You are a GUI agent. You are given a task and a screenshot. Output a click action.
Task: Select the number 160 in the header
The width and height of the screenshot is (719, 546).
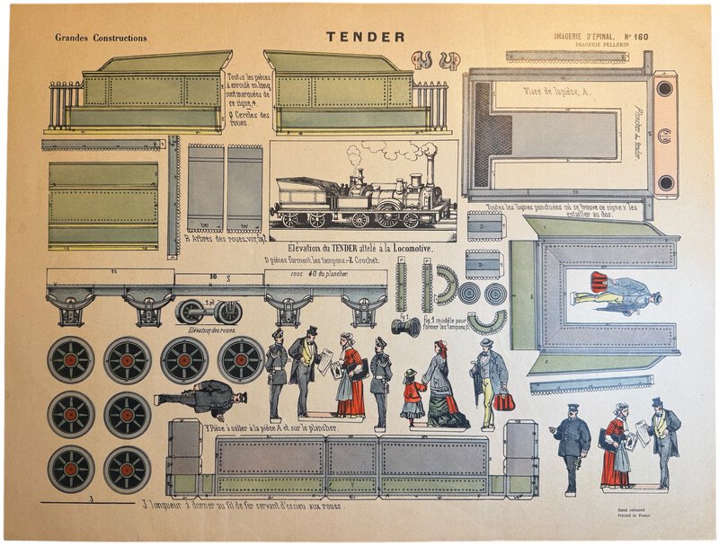pos(639,37)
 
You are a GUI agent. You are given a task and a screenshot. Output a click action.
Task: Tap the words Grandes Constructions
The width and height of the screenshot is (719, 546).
pos(101,38)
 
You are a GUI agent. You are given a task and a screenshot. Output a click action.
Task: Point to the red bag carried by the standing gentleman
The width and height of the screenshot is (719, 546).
pos(504,401)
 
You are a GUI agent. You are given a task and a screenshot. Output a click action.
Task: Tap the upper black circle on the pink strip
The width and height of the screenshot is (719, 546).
pos(664,89)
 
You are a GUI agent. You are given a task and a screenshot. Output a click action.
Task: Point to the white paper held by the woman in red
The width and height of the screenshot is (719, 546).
pos(339,367)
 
